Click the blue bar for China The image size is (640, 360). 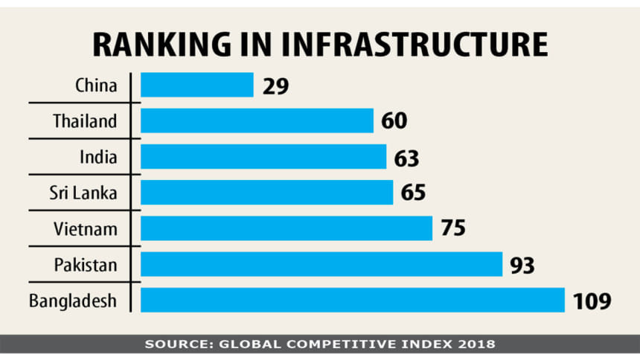click(x=197, y=85)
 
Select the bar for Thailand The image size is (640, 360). click(x=257, y=120)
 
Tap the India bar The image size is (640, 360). click(x=263, y=156)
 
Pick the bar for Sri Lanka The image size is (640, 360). click(x=266, y=192)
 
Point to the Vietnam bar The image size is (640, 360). click(x=287, y=228)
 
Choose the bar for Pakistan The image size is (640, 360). click(x=321, y=263)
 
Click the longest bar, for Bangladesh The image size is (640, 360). click(x=352, y=300)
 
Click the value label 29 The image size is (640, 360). click(x=275, y=86)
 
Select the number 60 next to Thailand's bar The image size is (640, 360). click(x=395, y=121)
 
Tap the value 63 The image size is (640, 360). click(x=407, y=157)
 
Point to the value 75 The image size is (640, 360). click(x=452, y=228)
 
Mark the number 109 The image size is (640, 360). click(x=592, y=300)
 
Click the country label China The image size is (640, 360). click(x=96, y=85)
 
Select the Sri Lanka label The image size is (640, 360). click(x=84, y=192)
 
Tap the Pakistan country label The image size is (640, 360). click(x=86, y=263)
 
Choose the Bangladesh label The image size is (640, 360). click(x=73, y=300)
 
